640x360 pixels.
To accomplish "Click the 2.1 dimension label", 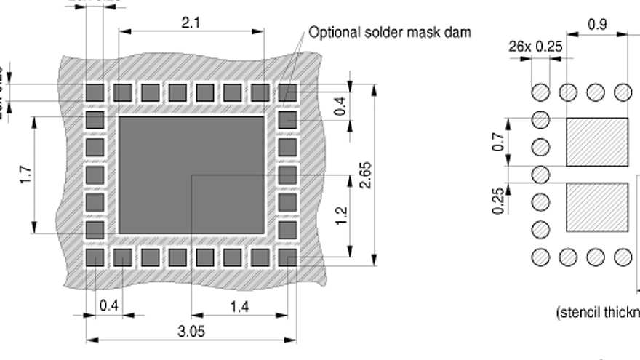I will tap(191, 23).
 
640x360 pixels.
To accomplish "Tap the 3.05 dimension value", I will tap(191, 332).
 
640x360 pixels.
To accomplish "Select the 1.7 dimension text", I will tap(26, 175).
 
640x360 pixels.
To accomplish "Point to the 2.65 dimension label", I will tap(366, 175).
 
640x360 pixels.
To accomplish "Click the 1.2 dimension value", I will tap(342, 215).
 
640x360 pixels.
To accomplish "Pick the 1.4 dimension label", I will tap(239, 307).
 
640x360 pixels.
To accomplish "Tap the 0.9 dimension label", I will tap(597, 24).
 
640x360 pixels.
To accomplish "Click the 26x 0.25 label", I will tap(535, 47).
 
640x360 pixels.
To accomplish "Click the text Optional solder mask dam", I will tap(390, 32).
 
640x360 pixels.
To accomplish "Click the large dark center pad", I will tap(191, 175).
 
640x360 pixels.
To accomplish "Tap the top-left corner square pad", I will tap(95, 92).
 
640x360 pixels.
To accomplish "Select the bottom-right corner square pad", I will tap(287, 257).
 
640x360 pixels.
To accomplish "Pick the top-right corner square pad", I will tap(287, 92).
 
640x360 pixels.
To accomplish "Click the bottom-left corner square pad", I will tap(95, 257).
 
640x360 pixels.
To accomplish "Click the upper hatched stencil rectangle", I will tap(596, 142).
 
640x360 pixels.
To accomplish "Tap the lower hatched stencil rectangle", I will tap(596, 207).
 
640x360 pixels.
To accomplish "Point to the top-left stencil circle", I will tap(540, 92).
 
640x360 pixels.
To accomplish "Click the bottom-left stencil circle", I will tap(540, 257).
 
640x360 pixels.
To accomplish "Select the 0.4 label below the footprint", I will tap(109, 305).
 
